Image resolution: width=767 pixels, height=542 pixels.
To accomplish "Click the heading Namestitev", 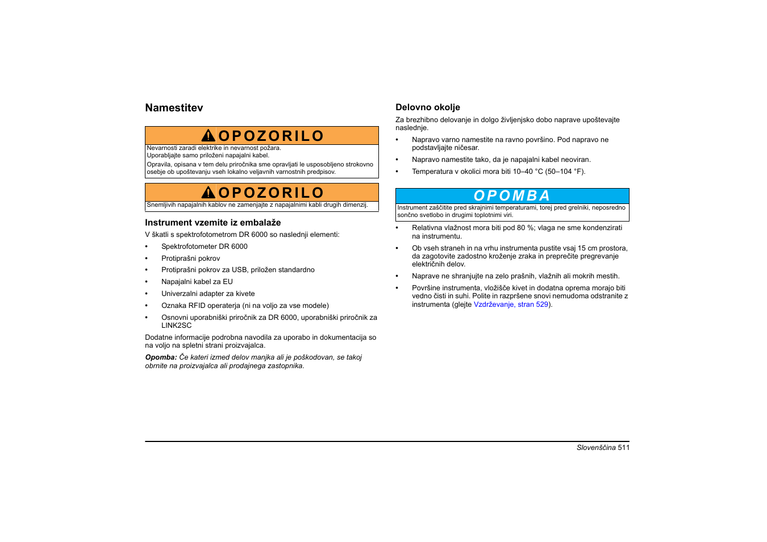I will coord(174,108).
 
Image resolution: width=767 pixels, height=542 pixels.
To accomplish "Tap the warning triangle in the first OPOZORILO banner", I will coord(208,136).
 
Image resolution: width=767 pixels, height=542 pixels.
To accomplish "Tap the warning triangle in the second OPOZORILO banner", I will coord(208,193).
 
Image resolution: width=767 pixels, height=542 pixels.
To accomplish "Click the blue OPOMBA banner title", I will coord(512,196).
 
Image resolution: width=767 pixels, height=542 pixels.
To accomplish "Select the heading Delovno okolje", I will coord(428,107).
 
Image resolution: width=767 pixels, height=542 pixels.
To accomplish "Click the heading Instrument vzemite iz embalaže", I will coord(212,223).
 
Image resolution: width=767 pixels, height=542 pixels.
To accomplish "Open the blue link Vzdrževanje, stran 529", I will coord(511,305).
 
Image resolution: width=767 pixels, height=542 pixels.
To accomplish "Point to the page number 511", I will coord(624,448).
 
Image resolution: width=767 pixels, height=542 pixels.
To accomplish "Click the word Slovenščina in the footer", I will coord(596,448).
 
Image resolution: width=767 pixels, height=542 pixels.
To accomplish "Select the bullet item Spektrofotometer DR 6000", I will coord(204,247).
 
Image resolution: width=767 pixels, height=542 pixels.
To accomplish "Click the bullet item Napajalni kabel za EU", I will coord(197,282).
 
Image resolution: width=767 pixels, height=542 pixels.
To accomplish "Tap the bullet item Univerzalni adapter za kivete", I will coord(208,294).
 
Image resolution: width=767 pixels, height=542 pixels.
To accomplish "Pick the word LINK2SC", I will coord(176,326).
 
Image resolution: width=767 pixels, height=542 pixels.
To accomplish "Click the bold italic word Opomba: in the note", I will coord(161,357).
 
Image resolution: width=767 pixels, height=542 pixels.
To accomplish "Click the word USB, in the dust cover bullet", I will coord(240,270).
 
